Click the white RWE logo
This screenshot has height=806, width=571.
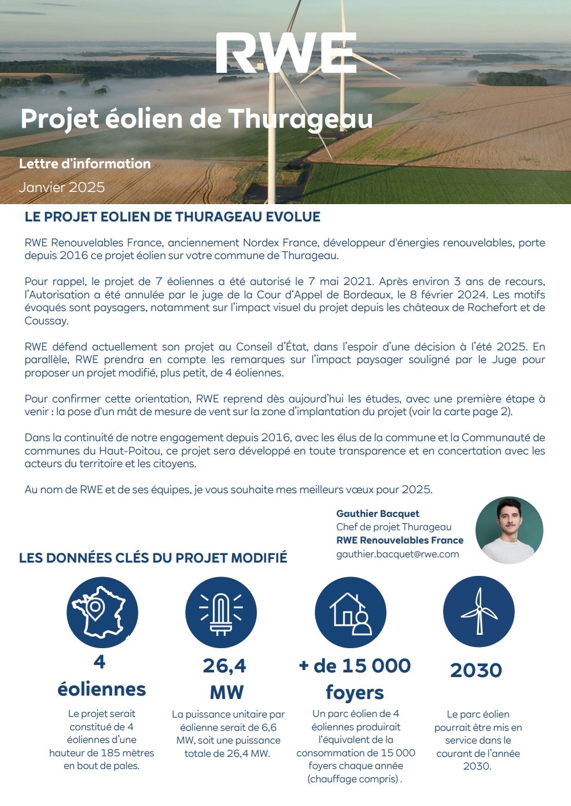[286, 53]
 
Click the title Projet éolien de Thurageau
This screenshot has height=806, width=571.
[197, 119]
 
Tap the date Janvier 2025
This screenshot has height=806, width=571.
[62, 187]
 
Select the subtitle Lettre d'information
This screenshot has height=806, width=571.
[85, 164]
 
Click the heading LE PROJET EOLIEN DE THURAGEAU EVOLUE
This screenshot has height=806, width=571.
[172, 217]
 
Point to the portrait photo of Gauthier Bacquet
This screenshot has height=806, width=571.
[509, 530]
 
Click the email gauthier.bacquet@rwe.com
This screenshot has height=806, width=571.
[397, 554]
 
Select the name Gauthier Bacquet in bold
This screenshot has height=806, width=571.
[378, 513]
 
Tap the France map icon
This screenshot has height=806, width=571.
[102, 612]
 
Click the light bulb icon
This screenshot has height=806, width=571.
[220, 612]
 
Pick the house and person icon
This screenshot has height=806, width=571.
[350, 612]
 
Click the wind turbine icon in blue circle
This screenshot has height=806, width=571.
[478, 612]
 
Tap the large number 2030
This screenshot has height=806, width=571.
[476, 670]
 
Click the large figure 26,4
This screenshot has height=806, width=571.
[224, 666]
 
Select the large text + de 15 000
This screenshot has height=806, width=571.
[355, 666]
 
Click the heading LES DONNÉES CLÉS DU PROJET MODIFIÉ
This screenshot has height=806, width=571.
[153, 558]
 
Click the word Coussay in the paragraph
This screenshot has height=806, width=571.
[46, 321]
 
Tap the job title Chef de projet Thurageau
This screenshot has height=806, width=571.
[394, 527]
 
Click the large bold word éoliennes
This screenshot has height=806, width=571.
[102, 689]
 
